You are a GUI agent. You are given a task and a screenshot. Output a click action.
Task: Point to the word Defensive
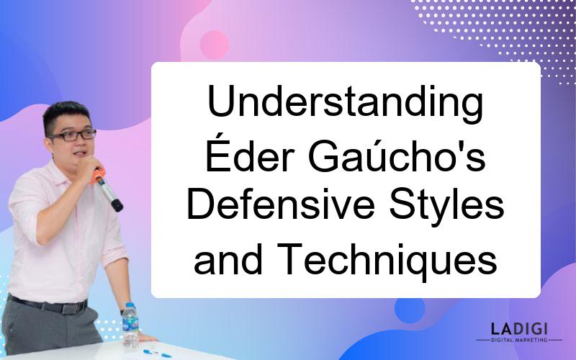[x=281, y=204]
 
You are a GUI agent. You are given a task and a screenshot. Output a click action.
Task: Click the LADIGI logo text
[x=519, y=328]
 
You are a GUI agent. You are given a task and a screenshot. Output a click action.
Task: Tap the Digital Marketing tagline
[x=519, y=340]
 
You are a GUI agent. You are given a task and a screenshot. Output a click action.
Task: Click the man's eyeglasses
[x=73, y=135]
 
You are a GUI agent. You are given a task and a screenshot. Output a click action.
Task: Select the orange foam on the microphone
[x=98, y=176]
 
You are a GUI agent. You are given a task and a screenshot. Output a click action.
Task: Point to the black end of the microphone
[x=117, y=205]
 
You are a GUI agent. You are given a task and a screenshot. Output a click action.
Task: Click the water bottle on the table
[x=130, y=325]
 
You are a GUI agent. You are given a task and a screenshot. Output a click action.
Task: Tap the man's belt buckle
[x=70, y=308]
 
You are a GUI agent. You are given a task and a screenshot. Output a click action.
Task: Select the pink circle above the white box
[x=214, y=45]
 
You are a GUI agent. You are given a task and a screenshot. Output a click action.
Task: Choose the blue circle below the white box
[x=410, y=309]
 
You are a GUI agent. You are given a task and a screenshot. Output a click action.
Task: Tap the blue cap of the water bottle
[x=130, y=305]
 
